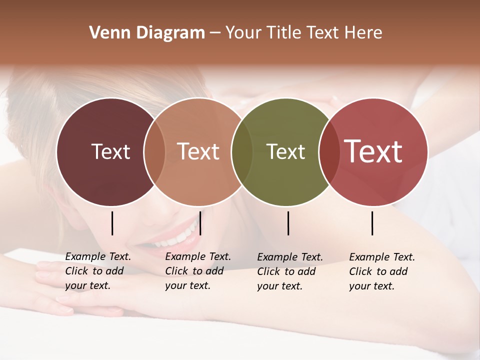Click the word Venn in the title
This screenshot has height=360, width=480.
pyautogui.click(x=105, y=33)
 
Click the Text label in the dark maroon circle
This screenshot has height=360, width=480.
pyautogui.click(x=110, y=151)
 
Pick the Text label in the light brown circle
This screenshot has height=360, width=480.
pyautogui.click(x=198, y=151)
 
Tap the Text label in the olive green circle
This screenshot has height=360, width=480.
pyautogui.click(x=286, y=151)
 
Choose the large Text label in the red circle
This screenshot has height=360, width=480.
pyautogui.click(x=373, y=151)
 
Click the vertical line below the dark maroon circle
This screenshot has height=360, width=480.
pyautogui.click(x=112, y=223)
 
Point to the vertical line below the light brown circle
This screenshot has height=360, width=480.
pyautogui.click(x=200, y=223)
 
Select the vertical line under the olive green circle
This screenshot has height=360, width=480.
pyautogui.click(x=288, y=223)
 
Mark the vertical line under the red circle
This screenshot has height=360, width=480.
pyautogui.click(x=372, y=223)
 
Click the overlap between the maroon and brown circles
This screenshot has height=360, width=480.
pyautogui.click(x=154, y=151)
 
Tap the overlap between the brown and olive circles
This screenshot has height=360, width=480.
pyautogui.click(x=242, y=151)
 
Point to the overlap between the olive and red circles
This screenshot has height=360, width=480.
pyautogui.click(x=329, y=151)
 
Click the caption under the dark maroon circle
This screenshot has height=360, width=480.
pyautogui.click(x=97, y=271)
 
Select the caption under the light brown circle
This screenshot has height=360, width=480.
pyautogui.click(x=197, y=271)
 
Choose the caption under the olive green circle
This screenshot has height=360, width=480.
pyautogui.click(x=289, y=271)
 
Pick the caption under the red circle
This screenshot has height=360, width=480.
pyautogui.click(x=381, y=271)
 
